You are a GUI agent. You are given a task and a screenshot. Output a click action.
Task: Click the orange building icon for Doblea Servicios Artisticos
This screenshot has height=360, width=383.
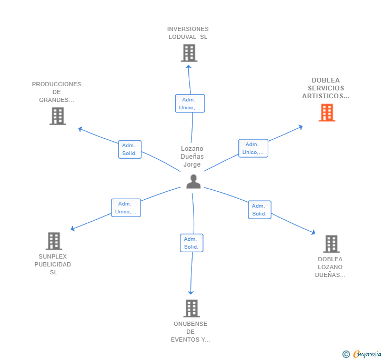pyautogui.click(x=327, y=112)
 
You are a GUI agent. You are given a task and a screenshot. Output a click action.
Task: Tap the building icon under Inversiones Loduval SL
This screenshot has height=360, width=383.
pyautogui.click(x=188, y=53)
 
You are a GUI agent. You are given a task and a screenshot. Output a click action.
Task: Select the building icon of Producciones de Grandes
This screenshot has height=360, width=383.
pyautogui.click(x=57, y=116)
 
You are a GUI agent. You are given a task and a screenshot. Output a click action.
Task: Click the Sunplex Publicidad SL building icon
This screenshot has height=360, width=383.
pyautogui.click(x=54, y=241)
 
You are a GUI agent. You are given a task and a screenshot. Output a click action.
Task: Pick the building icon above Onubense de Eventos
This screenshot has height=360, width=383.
pyautogui.click(x=191, y=308)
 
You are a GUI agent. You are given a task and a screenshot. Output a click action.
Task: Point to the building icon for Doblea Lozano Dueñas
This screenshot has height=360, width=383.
pyautogui.click(x=330, y=243)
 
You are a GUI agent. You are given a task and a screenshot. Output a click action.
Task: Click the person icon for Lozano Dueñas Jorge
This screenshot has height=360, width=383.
pyautogui.click(x=193, y=181)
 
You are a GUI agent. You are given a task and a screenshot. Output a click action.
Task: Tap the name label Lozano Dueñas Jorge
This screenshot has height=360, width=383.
pyautogui.click(x=192, y=157)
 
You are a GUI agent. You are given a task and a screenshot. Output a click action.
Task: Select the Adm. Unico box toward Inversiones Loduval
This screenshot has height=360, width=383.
pyautogui.click(x=189, y=104)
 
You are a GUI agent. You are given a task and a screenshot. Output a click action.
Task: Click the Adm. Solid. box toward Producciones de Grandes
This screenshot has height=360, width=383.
pyautogui.click(x=129, y=149)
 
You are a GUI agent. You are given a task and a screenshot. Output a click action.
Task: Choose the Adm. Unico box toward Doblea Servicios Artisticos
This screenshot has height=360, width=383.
pyautogui.click(x=253, y=148)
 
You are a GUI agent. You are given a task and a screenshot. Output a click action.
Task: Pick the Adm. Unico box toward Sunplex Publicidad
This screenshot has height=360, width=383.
pyautogui.click(x=126, y=208)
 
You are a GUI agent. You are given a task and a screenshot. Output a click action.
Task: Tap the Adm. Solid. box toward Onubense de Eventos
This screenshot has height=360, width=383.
pyautogui.click(x=191, y=243)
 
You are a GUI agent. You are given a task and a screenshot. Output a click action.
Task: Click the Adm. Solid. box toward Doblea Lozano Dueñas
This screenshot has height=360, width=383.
pyautogui.click(x=259, y=210)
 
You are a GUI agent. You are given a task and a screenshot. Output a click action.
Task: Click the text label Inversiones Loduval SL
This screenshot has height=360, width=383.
pyautogui.click(x=188, y=33)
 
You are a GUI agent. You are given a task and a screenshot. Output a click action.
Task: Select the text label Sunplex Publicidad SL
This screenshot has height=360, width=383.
pyautogui.click(x=53, y=264)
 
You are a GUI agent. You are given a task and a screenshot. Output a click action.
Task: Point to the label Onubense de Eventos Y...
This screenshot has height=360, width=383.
pyautogui.click(x=190, y=332)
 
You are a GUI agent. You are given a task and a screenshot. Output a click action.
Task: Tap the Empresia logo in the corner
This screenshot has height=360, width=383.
pyautogui.click(x=362, y=354)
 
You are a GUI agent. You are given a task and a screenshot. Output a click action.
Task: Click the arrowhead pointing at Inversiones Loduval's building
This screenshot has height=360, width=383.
pyautogui.click(x=188, y=65)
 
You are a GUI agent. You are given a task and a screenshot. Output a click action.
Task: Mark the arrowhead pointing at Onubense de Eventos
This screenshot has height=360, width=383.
pyautogui.click(x=191, y=292)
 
